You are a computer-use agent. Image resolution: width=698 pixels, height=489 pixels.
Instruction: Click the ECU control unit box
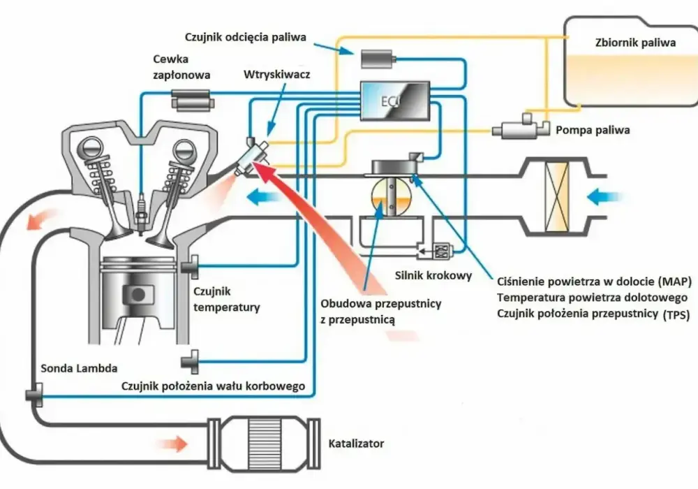tap(394, 101)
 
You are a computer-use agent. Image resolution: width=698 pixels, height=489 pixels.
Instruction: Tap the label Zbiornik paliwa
tap(635, 43)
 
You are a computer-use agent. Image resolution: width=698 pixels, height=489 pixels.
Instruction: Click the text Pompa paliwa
tap(593, 130)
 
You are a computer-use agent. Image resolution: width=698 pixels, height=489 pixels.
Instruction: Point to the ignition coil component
tap(193, 100)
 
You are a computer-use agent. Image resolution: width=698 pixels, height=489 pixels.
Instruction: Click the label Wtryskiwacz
tap(276, 74)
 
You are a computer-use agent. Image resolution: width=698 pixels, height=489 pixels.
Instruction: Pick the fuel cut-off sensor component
tap(378, 59)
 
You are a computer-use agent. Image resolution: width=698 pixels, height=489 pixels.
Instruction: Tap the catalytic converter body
tap(264, 443)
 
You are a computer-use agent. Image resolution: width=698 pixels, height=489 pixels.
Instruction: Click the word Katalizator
tap(356, 444)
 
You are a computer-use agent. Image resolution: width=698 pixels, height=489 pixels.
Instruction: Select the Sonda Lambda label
tap(80, 368)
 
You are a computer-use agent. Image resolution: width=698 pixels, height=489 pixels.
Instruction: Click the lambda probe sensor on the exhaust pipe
tap(34, 395)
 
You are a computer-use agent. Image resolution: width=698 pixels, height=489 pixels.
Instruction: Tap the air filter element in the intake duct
tap(556, 196)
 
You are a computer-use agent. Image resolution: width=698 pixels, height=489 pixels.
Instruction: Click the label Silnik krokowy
tap(433, 275)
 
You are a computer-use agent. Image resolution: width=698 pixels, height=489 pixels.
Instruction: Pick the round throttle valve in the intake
tap(392, 197)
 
